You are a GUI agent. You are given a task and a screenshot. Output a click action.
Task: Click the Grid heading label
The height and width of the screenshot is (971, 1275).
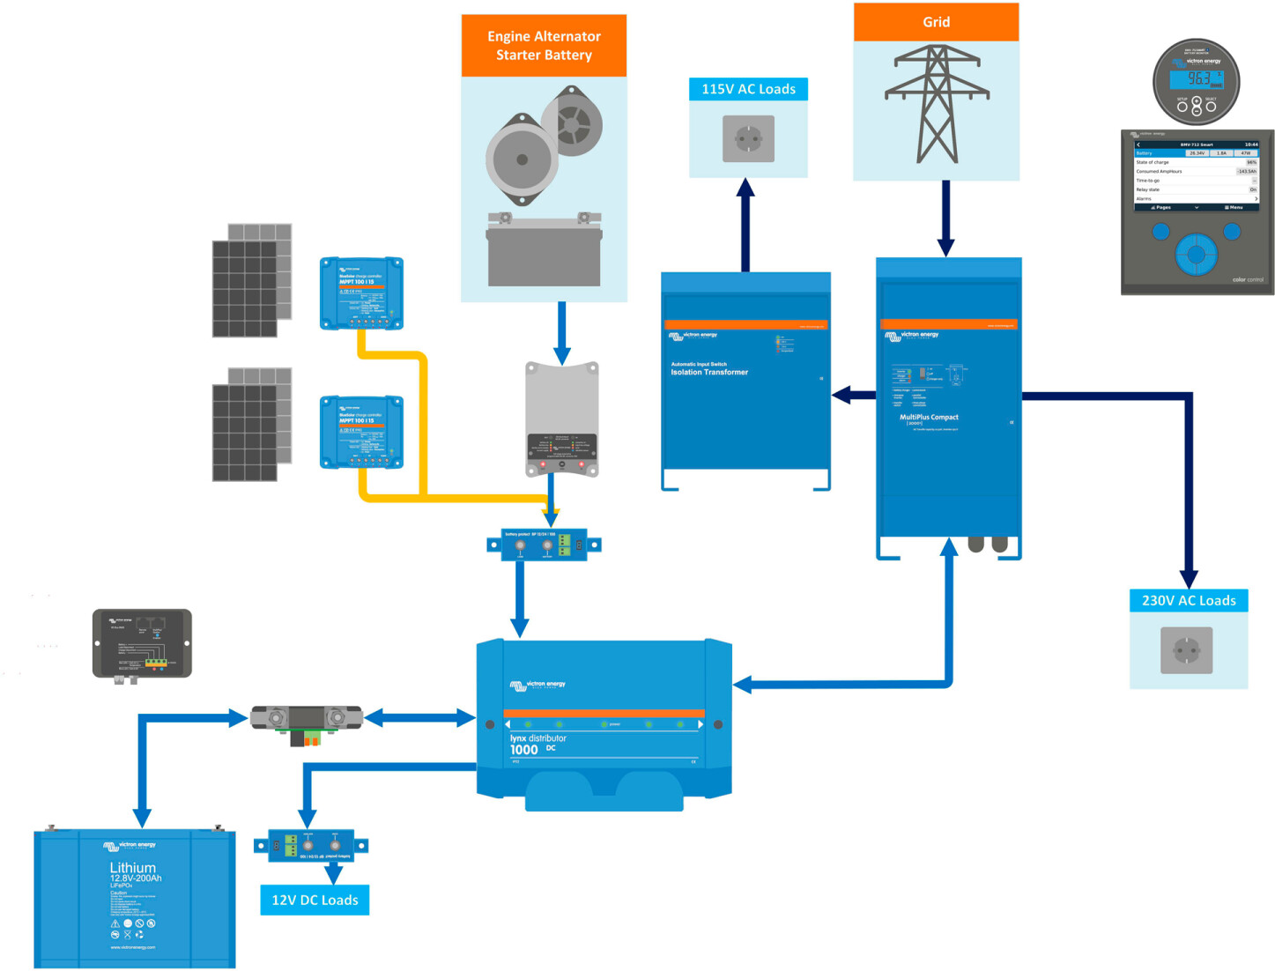tap(936, 22)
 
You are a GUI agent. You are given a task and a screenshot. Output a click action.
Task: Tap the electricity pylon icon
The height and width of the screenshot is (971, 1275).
tap(937, 104)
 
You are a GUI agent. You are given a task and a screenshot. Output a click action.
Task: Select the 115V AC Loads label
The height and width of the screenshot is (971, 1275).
tap(748, 89)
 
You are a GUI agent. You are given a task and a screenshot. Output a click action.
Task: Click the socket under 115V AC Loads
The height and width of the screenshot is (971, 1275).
tap(748, 138)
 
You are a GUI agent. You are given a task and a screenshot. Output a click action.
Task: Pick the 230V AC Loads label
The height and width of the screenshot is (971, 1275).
tap(1189, 601)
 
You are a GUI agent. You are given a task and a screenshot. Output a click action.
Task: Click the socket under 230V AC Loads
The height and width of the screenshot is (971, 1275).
tap(1187, 650)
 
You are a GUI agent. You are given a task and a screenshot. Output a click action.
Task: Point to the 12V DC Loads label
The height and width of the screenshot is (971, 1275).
tap(315, 900)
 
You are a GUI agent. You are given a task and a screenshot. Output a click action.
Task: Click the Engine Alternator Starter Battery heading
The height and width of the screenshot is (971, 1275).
tap(544, 46)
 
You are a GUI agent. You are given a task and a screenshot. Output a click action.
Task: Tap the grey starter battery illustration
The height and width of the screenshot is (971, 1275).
tap(544, 249)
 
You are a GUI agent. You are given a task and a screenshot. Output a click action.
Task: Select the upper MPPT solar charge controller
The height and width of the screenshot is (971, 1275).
tap(361, 293)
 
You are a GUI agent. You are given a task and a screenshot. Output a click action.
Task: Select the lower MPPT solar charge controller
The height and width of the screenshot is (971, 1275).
tap(361, 432)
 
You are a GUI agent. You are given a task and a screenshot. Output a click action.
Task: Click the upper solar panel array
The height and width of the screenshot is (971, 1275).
tap(252, 280)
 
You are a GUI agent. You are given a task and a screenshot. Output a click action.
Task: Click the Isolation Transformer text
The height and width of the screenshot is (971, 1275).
tap(709, 373)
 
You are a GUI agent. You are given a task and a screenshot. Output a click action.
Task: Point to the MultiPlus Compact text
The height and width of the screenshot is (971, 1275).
tap(929, 418)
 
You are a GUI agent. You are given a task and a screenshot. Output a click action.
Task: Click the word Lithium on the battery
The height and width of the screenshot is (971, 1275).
tap(133, 868)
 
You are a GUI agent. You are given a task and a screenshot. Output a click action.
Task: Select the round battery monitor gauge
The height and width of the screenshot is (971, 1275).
tap(1196, 82)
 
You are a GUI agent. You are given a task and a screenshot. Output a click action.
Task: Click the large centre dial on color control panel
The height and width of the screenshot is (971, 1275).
tap(1196, 255)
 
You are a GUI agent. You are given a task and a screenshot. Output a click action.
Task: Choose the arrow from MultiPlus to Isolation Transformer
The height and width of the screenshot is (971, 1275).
tap(853, 395)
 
